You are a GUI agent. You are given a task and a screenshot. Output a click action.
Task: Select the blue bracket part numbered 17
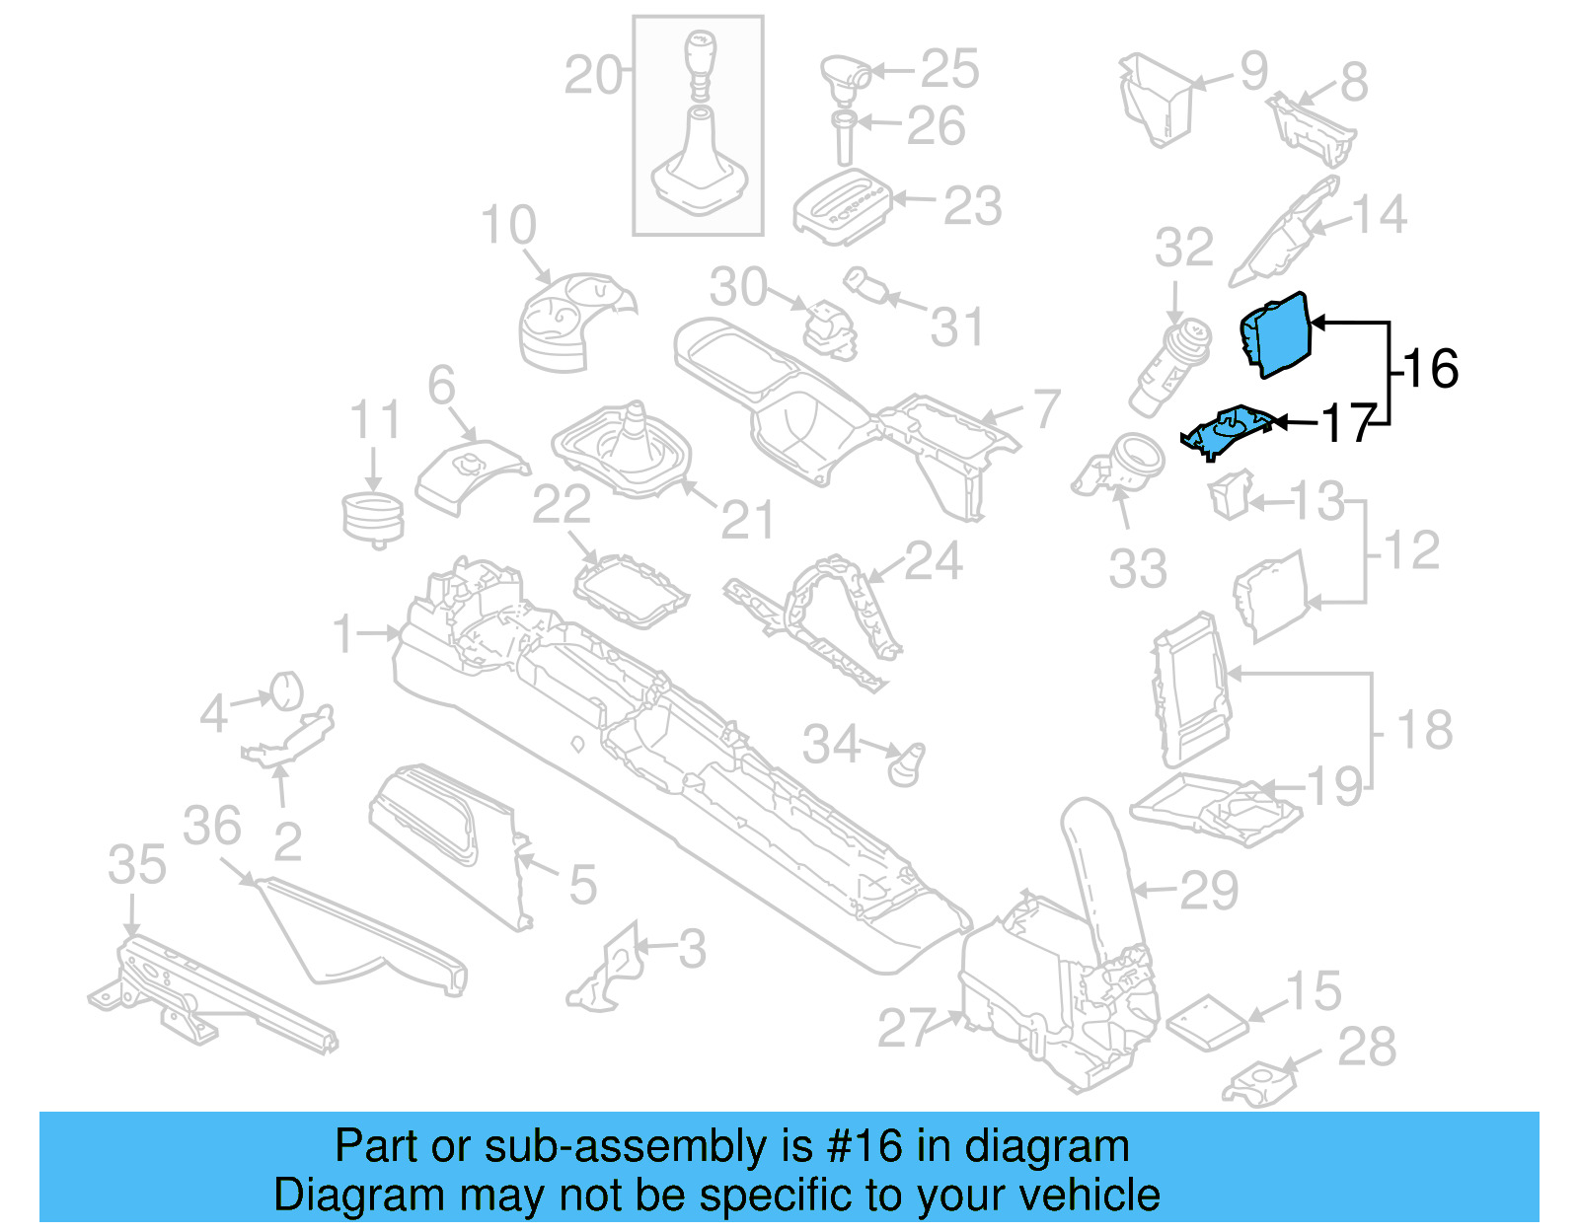point(1229,430)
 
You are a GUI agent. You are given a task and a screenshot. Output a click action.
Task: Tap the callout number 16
point(1430,369)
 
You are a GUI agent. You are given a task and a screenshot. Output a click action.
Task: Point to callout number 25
point(949,69)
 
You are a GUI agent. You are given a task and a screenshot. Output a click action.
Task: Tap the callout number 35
point(137,865)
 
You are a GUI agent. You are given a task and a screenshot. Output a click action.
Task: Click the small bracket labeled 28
point(1258,1083)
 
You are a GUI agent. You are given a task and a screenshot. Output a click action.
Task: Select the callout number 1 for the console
point(342,633)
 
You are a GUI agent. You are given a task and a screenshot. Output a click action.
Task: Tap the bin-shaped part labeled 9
point(1157,99)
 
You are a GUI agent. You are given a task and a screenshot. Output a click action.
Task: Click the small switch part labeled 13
point(1231,494)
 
